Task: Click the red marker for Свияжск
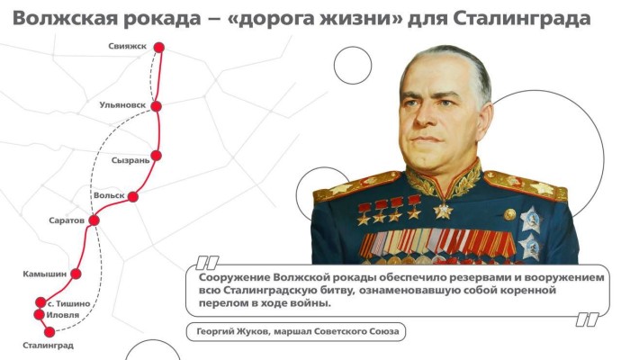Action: [158, 48]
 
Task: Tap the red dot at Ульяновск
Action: [157, 106]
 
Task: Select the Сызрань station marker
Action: [157, 155]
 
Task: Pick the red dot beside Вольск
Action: [133, 196]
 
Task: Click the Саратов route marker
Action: [94, 220]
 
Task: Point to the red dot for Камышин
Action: [76, 274]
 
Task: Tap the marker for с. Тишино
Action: [40, 302]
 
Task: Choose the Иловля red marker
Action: [39, 315]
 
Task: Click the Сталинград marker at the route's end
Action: [49, 332]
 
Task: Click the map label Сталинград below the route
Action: [48, 346]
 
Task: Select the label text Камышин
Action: [45, 274]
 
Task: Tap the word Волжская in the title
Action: [65, 19]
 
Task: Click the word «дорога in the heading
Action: [270, 19]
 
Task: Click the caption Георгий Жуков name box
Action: [296, 331]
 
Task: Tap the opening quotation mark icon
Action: [207, 263]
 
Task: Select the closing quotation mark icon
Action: [588, 319]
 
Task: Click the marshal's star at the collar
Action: [443, 211]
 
